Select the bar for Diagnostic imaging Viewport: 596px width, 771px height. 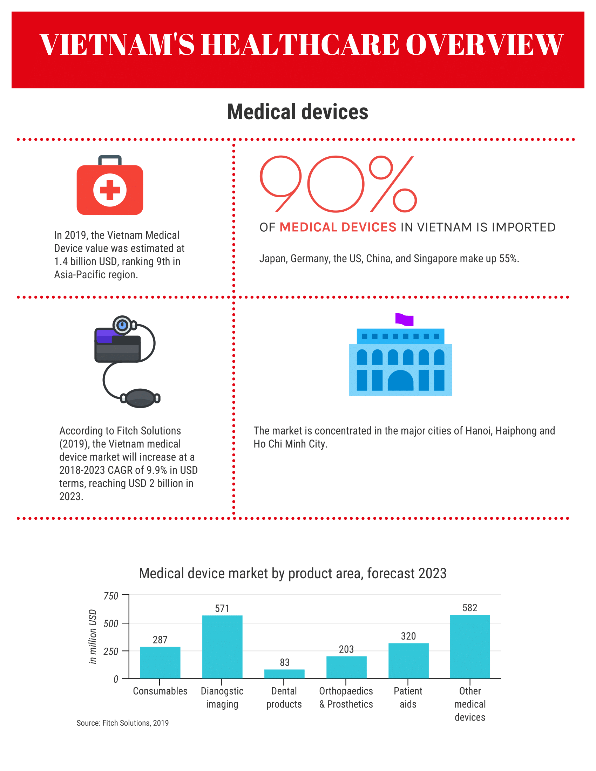tap(222, 647)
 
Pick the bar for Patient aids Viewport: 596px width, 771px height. tap(408, 661)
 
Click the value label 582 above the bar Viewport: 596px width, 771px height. tap(469, 608)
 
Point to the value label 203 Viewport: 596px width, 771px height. tap(346, 649)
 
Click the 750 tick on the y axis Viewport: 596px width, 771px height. tap(111, 596)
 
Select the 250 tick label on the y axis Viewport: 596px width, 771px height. tap(111, 651)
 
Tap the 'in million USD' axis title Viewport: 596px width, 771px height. tap(93, 636)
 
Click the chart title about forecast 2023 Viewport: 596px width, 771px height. tap(292, 574)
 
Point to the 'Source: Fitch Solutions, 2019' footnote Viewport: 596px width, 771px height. tap(122, 723)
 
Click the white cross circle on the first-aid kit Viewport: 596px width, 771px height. tap(110, 190)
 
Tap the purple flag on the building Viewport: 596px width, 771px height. tap(404, 319)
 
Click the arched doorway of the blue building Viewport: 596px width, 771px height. tap(400, 381)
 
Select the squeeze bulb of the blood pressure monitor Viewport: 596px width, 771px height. tap(140, 398)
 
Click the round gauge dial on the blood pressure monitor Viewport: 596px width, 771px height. tap(122, 325)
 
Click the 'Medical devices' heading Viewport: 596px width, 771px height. tap(298, 112)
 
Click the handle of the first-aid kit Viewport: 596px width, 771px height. tap(110, 159)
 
